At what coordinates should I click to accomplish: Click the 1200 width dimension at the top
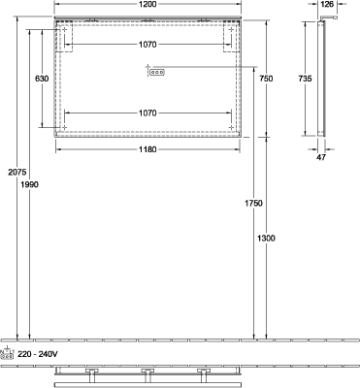(147, 4)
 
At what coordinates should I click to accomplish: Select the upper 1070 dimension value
(147, 45)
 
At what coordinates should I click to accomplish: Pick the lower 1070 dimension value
(147, 113)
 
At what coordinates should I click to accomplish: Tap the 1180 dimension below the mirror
(147, 149)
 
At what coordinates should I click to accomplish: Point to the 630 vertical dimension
(42, 79)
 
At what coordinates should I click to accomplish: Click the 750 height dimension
(266, 79)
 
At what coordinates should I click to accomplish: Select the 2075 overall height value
(16, 173)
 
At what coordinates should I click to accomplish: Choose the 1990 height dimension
(29, 184)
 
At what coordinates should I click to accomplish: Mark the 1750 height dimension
(253, 204)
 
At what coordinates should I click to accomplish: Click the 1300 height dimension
(266, 239)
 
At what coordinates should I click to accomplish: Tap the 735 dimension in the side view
(305, 79)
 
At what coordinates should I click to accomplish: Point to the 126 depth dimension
(327, 4)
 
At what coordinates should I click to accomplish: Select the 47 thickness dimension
(321, 157)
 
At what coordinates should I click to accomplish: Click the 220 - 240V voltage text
(38, 354)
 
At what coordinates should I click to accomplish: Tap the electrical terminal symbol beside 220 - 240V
(8, 353)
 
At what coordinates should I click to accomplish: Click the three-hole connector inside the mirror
(157, 73)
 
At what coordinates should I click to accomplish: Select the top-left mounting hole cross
(64, 30)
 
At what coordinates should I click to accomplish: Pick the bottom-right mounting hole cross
(231, 127)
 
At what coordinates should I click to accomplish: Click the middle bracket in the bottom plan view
(147, 374)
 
